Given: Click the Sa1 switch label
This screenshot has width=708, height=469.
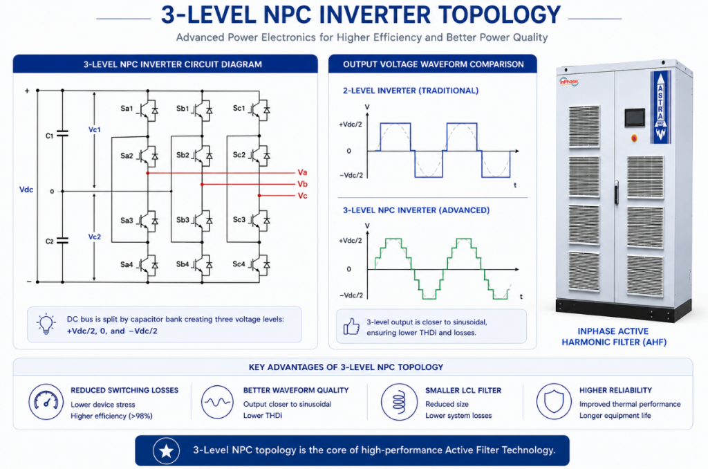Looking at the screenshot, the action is click(x=127, y=109).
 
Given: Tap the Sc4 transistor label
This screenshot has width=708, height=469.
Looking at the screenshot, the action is click(x=239, y=264).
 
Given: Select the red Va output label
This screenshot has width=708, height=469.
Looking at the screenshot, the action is click(x=302, y=172).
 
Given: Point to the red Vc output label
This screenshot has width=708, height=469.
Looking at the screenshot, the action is click(x=302, y=196).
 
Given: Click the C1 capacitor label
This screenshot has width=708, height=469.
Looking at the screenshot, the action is click(x=50, y=136).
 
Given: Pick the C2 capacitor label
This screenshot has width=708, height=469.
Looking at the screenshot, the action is click(x=50, y=241).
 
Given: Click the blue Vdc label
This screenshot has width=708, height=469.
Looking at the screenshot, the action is click(x=26, y=190).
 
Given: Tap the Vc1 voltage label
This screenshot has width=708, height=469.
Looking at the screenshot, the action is click(x=94, y=129).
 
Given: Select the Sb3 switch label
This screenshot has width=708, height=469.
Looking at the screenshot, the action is click(x=183, y=220).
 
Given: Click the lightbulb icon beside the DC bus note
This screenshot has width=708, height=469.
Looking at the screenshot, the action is click(x=46, y=324).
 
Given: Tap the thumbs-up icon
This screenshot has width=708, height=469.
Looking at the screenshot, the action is click(x=351, y=327).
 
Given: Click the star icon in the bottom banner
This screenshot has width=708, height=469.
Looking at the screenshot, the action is click(x=166, y=450).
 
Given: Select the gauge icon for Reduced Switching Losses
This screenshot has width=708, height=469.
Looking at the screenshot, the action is click(x=46, y=402).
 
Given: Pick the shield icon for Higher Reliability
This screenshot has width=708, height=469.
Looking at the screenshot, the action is click(x=554, y=402).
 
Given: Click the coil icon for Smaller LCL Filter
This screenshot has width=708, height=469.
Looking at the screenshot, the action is click(x=399, y=402).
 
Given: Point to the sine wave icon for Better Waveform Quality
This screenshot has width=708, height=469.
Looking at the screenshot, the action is click(x=217, y=402).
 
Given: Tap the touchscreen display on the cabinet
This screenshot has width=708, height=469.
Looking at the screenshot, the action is click(x=635, y=118).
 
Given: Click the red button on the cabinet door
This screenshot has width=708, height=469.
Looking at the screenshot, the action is click(x=634, y=138).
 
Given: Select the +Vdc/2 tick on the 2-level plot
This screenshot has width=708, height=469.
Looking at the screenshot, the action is click(x=351, y=125).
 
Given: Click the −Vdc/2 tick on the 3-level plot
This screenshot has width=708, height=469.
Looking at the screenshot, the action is click(x=351, y=295).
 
